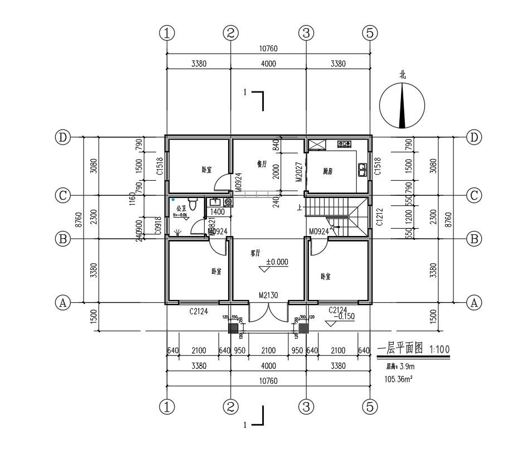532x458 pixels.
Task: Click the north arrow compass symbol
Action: coord(402,106)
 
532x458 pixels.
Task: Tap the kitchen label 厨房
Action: coord(328,172)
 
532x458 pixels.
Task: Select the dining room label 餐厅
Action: coord(262,164)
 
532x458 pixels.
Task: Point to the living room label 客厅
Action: coord(255,253)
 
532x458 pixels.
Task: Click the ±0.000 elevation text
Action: coord(277,261)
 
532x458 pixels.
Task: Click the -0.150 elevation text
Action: coord(344,316)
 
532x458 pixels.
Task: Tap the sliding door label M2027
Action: coord(298,172)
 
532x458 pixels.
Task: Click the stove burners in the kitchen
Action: coord(345,144)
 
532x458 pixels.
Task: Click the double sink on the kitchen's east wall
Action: coord(362,170)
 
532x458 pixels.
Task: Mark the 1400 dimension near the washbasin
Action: coord(218,212)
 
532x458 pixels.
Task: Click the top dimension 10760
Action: coord(268,49)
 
